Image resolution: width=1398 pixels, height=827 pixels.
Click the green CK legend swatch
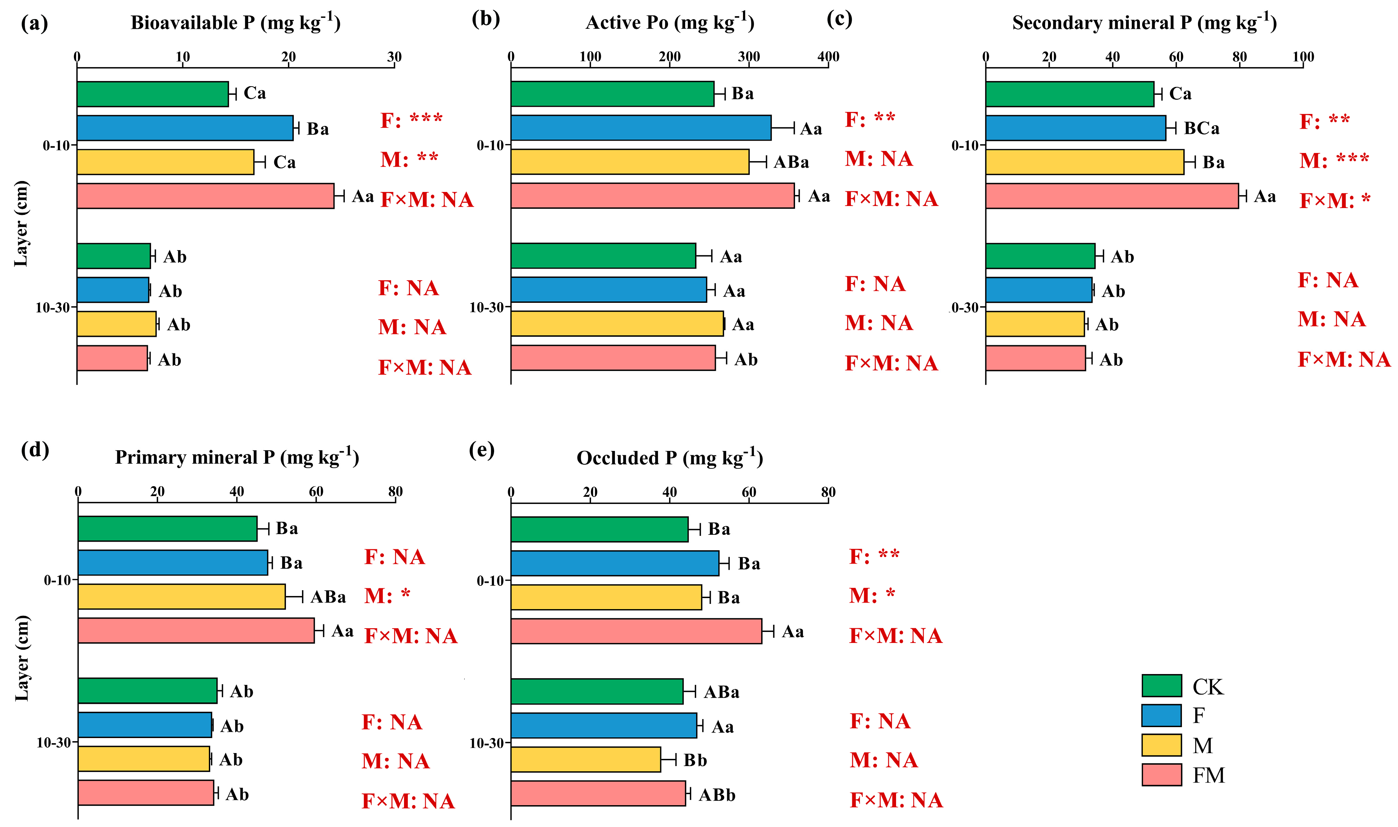[1161, 685]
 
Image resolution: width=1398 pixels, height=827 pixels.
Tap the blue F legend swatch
[1161, 715]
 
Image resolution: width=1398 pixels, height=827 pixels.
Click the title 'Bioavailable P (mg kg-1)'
[235, 22]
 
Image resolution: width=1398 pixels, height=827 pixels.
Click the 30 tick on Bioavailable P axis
[394, 57]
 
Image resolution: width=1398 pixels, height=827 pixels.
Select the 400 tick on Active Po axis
[828, 57]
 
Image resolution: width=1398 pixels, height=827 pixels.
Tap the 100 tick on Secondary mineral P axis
[1303, 57]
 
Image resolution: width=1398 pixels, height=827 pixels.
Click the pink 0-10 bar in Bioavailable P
[205, 196]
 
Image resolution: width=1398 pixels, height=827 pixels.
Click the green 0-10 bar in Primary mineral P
[167, 528]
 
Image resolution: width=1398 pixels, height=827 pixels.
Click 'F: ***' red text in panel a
[412, 120]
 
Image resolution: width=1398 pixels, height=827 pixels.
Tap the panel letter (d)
[35, 449]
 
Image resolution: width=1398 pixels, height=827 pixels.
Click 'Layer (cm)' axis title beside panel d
[21, 658]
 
